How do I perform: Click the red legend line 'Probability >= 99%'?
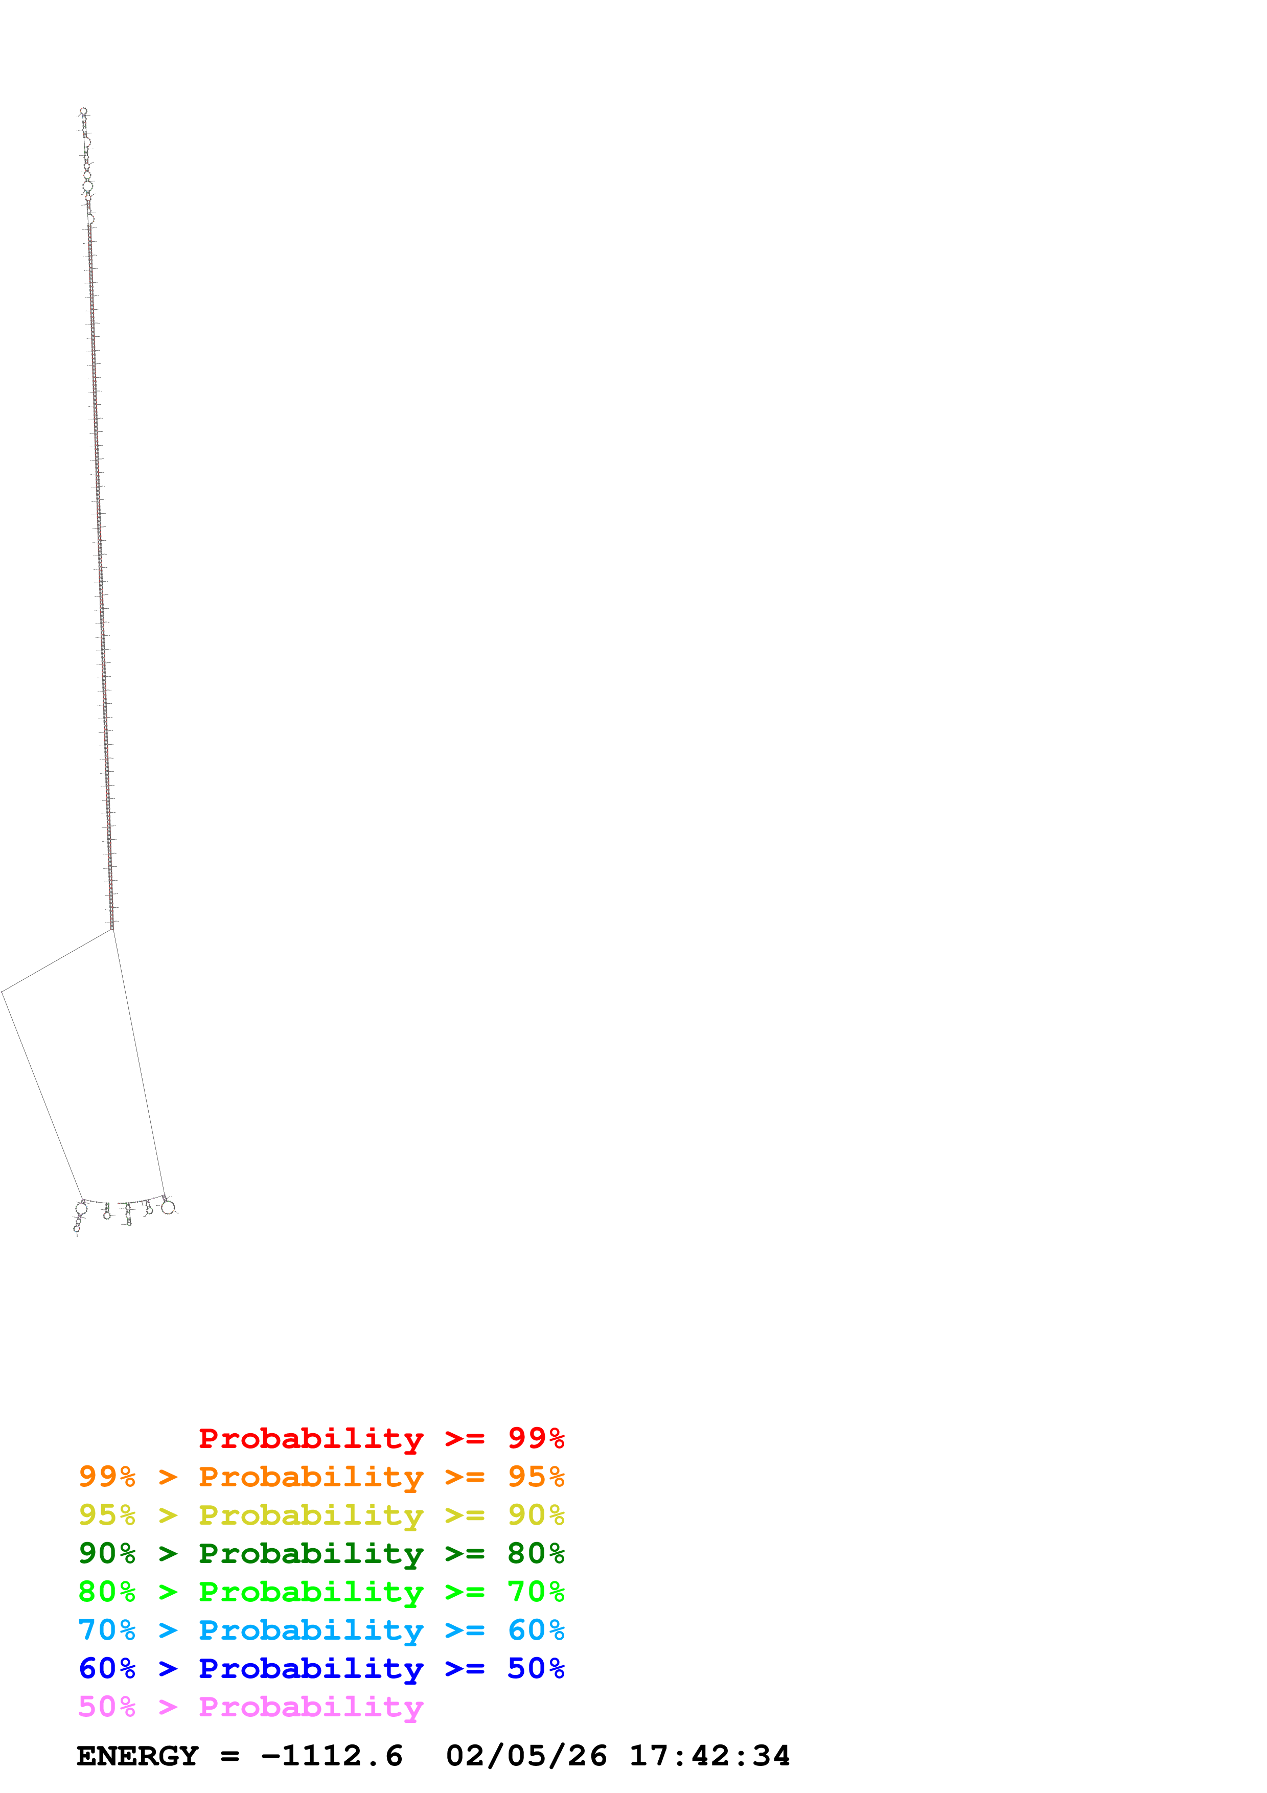click(x=381, y=1438)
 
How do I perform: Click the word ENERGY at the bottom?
click(x=137, y=1756)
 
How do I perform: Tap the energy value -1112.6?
click(x=332, y=1756)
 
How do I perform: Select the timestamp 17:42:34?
click(x=709, y=1756)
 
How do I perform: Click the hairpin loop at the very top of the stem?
click(x=83, y=111)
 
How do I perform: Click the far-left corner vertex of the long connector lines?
click(x=3, y=992)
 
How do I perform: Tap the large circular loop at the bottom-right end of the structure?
click(x=167, y=1207)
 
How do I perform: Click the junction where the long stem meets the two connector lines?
click(x=112, y=929)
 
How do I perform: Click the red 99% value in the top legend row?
click(x=536, y=1438)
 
